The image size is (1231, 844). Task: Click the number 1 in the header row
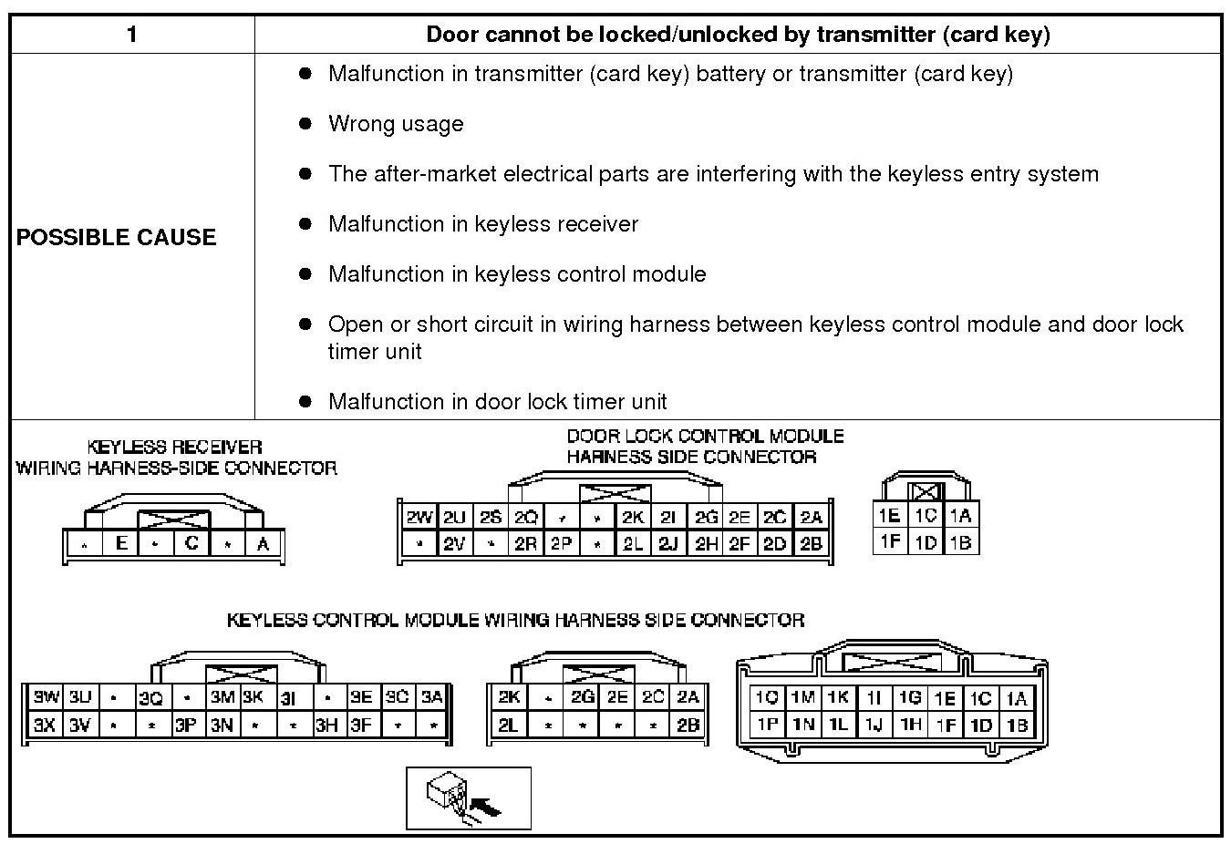(132, 35)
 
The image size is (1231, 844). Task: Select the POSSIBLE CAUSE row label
(116, 237)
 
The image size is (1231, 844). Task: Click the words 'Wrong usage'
(396, 124)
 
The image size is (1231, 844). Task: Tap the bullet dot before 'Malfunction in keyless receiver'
(305, 223)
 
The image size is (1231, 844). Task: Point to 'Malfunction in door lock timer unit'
(497, 401)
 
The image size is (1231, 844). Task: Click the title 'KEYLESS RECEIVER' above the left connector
(174, 447)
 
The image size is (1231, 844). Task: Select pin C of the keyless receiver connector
(191, 544)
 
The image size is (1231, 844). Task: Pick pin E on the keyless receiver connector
(120, 544)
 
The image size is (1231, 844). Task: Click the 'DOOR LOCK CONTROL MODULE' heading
(705, 436)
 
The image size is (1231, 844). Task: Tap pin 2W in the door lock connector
(419, 518)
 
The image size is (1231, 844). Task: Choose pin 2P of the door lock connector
(561, 544)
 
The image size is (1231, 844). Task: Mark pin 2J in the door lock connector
(668, 544)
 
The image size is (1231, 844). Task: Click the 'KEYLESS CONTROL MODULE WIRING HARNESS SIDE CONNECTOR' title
(515, 620)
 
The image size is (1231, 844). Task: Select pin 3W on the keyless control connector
(46, 698)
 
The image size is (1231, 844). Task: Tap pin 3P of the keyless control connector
(186, 726)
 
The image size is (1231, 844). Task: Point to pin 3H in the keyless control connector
(326, 726)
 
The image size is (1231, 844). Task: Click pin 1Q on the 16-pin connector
(767, 698)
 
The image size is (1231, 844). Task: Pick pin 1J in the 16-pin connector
(874, 726)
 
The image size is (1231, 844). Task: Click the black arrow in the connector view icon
(488, 807)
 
